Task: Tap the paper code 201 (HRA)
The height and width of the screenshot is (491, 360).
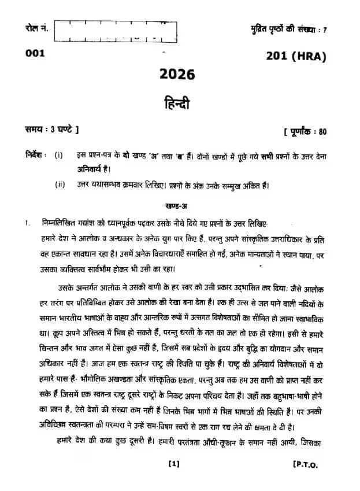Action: tap(296, 57)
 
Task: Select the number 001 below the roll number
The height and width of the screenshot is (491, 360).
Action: tap(35, 54)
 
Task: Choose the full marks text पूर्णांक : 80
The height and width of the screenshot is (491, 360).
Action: tap(306, 131)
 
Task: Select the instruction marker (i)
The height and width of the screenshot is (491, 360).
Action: tap(59, 156)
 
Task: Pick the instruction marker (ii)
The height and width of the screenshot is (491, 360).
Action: tap(60, 185)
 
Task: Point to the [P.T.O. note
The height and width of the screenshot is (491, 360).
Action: tap(305, 464)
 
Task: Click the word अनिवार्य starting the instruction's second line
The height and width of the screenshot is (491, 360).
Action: tap(91, 169)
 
